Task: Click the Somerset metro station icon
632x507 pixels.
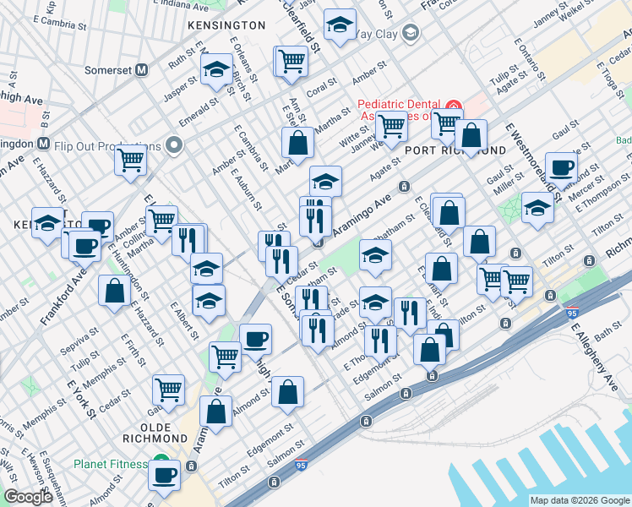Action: tap(143, 70)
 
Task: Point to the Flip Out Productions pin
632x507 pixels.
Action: tap(175, 144)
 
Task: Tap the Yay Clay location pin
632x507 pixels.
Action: tap(411, 33)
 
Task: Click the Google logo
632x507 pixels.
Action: tap(27, 497)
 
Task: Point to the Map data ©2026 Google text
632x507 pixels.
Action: tap(579, 500)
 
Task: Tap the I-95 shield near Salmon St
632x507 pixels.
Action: tap(302, 465)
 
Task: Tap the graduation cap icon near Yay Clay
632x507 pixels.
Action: tap(340, 27)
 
